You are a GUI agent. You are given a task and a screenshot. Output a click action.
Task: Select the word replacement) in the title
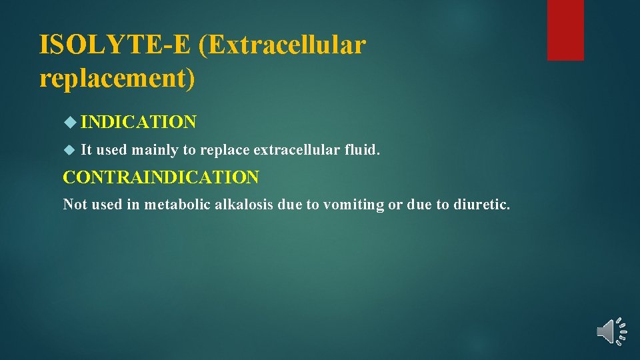[118, 78]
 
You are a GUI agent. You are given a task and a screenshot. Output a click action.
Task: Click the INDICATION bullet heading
[139, 122]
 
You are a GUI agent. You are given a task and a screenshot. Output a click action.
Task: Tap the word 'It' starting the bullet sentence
[86, 150]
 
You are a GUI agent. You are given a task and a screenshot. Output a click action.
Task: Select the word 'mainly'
[155, 150]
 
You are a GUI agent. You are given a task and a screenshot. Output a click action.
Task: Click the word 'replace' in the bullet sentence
[223, 150]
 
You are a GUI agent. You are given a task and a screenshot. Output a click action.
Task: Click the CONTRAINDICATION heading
[161, 177]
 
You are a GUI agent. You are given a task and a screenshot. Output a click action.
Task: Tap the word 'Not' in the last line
[74, 205]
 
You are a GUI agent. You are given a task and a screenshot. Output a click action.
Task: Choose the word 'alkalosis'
[244, 205]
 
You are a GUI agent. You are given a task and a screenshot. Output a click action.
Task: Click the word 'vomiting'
[353, 205]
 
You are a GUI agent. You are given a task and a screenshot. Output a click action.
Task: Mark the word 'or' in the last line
[395, 205]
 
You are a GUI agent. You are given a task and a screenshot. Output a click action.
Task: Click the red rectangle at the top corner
[565, 30]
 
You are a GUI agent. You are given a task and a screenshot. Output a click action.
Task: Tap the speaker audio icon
[611, 331]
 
